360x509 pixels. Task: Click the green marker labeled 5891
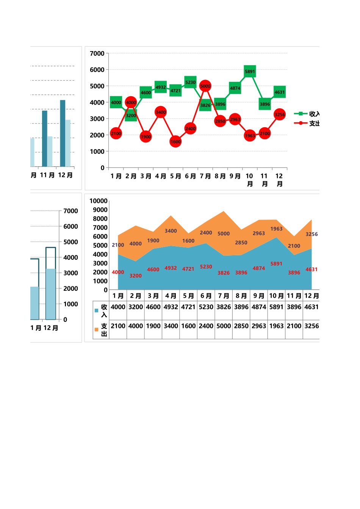click(250, 71)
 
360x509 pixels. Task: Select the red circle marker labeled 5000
click(205, 86)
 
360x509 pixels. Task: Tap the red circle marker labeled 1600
click(175, 142)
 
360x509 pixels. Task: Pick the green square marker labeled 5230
click(190, 82)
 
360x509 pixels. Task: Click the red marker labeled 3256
click(280, 114)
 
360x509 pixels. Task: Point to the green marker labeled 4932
click(161, 87)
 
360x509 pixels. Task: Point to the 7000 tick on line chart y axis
click(97, 53)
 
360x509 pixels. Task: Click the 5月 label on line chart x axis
click(175, 176)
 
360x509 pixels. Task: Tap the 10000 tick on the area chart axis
click(99, 201)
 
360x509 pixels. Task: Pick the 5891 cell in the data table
click(276, 307)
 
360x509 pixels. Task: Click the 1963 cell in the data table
click(276, 326)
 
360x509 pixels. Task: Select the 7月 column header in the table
click(224, 296)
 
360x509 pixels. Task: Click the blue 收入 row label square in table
click(96, 311)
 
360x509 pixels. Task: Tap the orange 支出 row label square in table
click(96, 329)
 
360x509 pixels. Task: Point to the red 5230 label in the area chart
click(206, 267)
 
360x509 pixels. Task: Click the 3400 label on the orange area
click(171, 231)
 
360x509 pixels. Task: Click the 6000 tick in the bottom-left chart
click(70, 226)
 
